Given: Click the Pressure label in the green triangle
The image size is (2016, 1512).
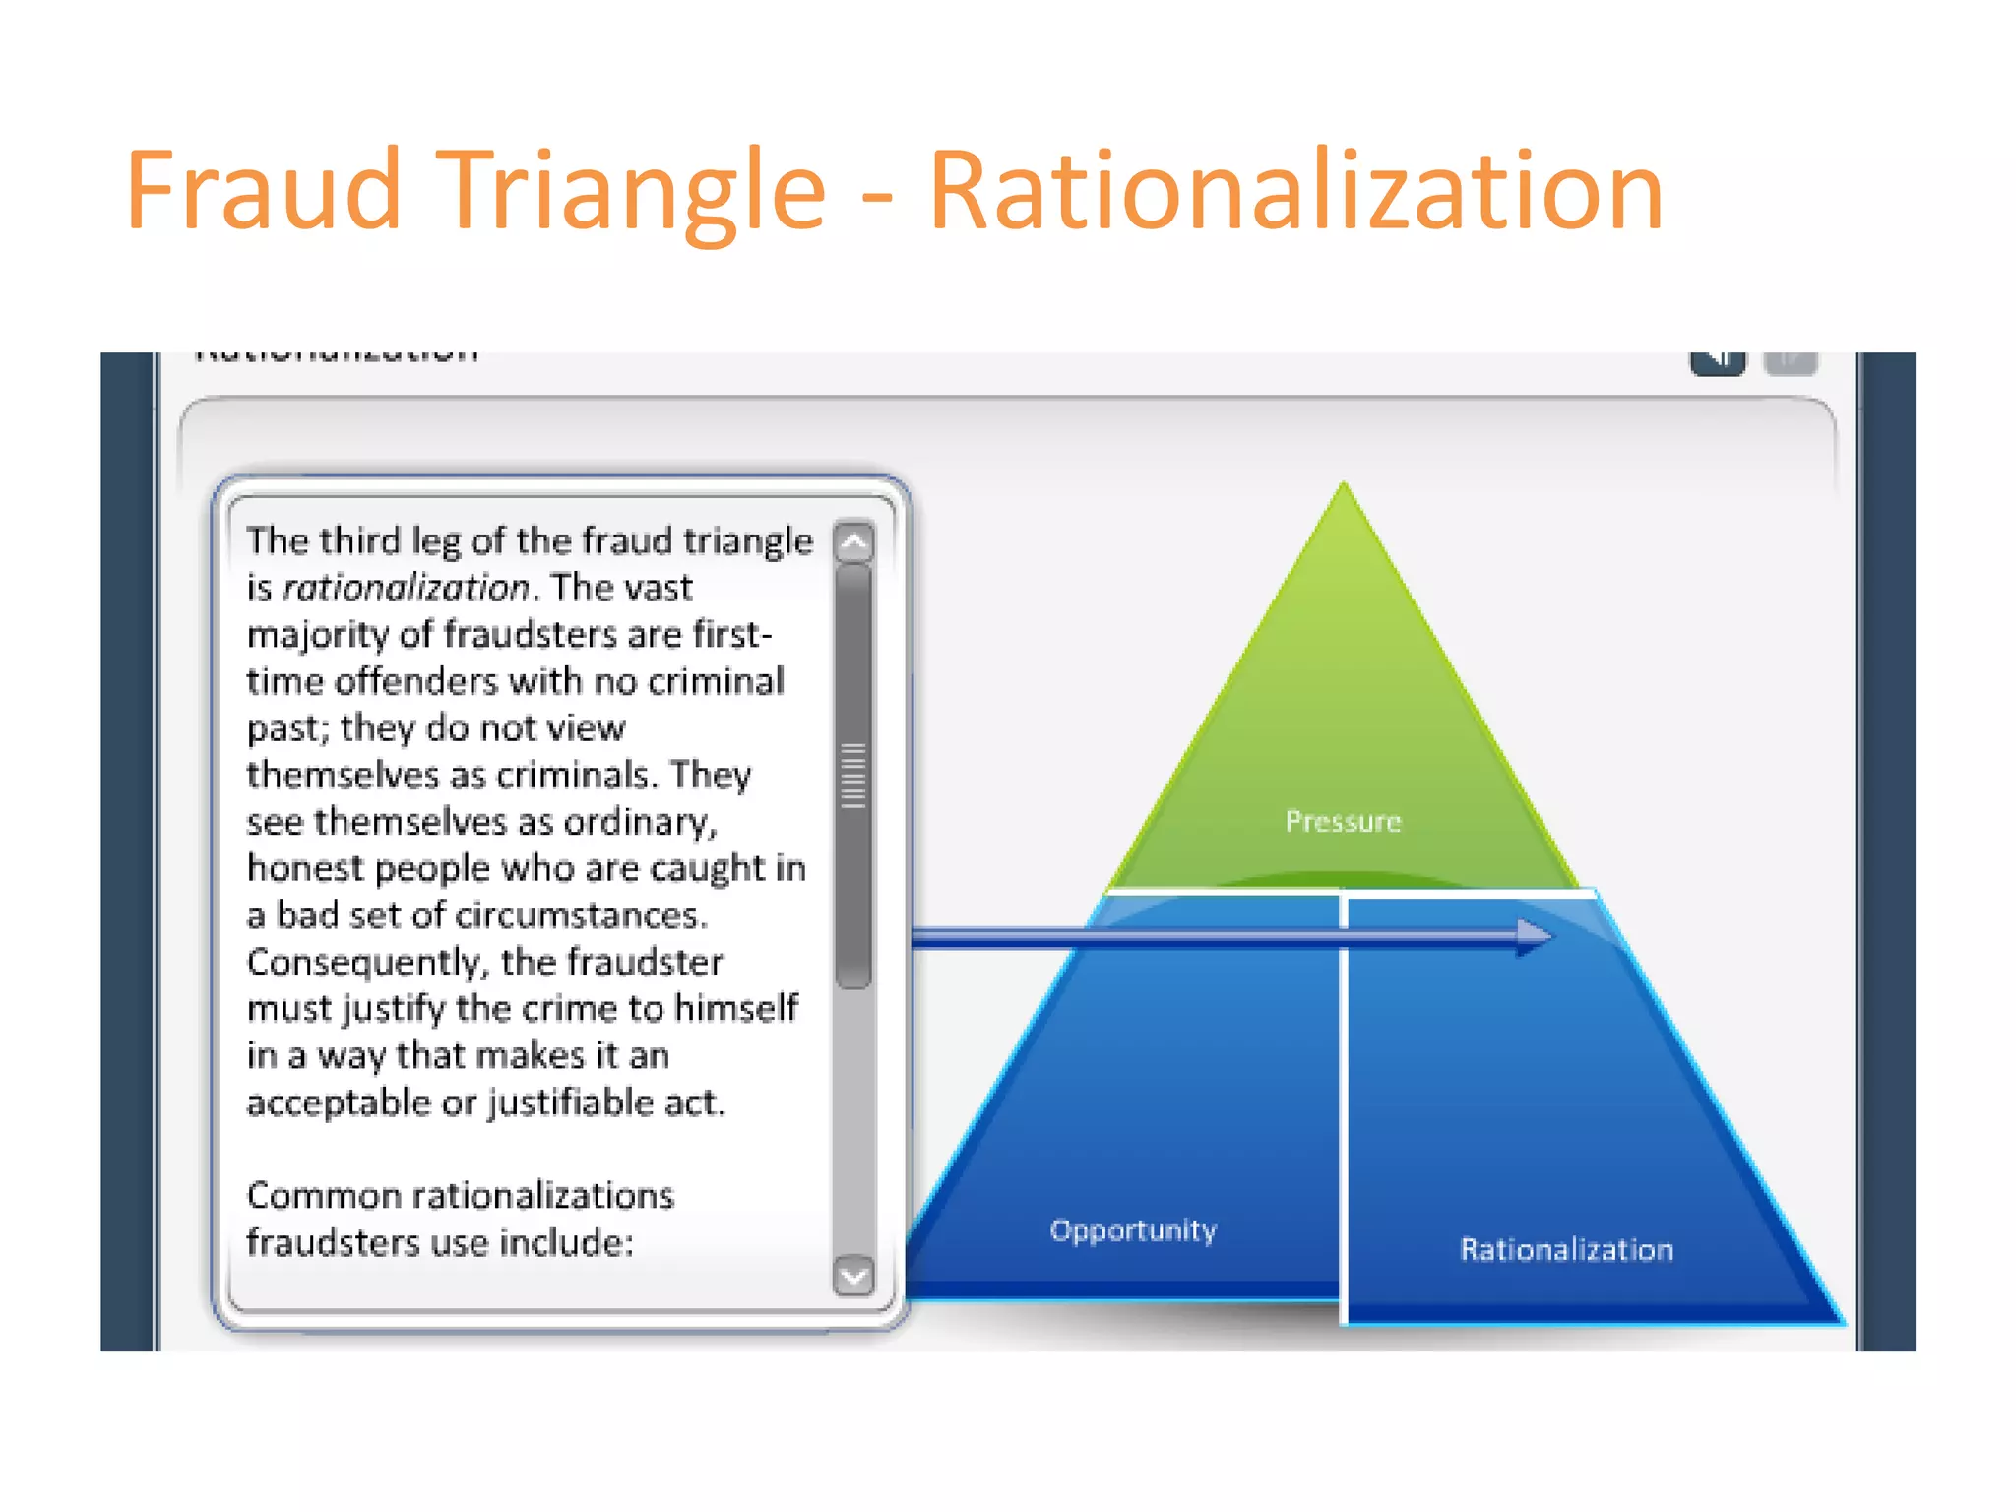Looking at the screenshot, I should coord(1343,821).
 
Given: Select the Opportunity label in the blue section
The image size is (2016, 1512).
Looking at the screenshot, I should coord(1133,1229).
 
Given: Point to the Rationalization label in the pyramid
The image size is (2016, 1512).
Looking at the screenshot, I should coord(1566,1249).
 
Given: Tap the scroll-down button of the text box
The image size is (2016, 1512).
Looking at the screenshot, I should coord(853,1276).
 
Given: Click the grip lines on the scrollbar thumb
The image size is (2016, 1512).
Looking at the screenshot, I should coord(853,776).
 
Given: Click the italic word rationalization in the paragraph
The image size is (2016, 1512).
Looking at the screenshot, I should coord(407,588).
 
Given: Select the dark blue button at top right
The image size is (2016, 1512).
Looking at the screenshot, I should coord(1718,361).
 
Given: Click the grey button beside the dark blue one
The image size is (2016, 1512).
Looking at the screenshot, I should coord(1791,361).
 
